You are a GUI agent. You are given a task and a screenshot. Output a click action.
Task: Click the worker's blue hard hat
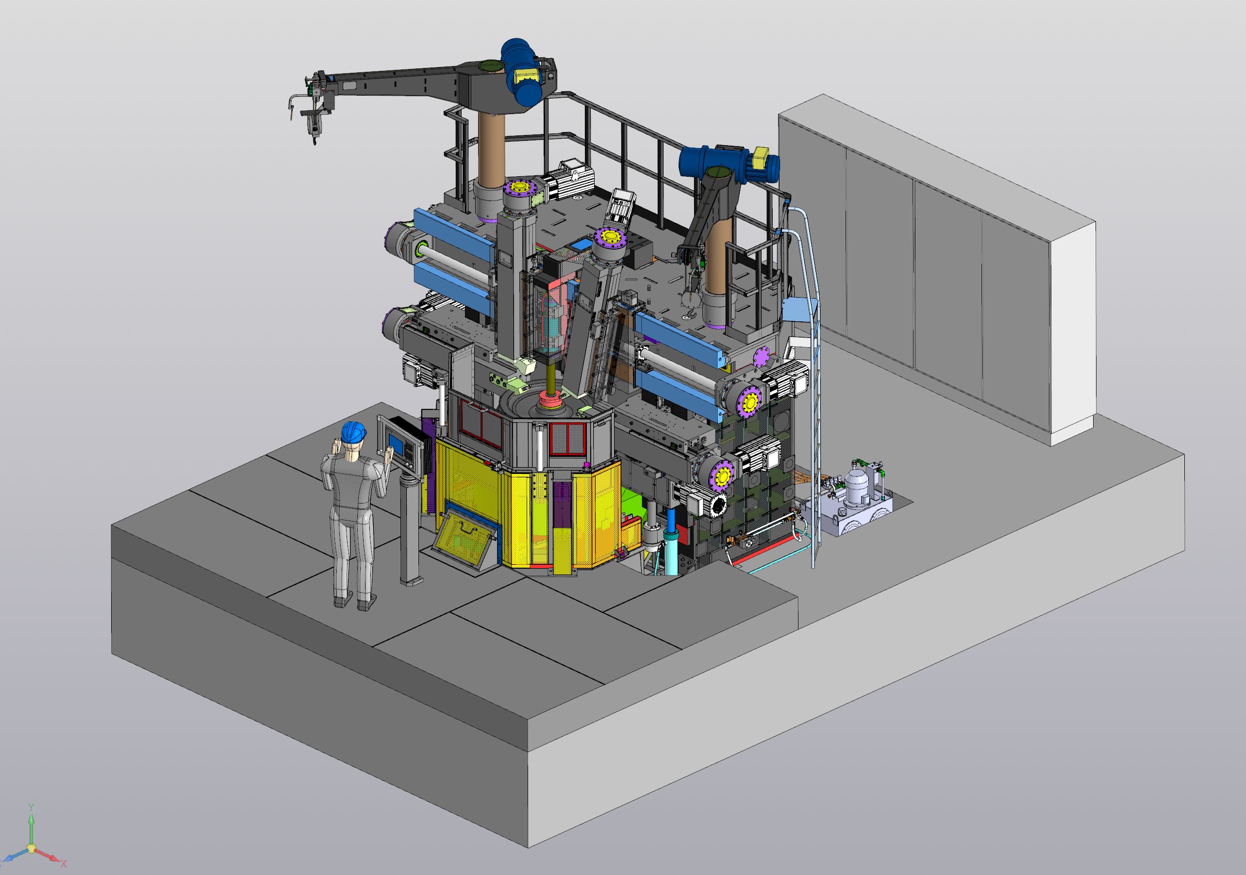coord(353,432)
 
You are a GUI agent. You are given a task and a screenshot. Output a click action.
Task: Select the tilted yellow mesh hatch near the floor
coord(465,538)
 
